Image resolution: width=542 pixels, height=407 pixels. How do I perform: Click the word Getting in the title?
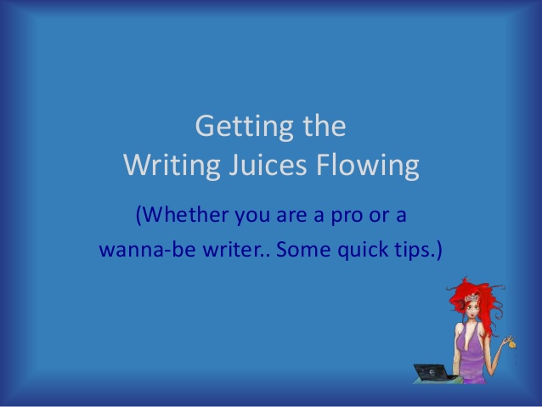click(x=245, y=127)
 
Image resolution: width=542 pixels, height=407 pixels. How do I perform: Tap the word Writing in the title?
click(x=172, y=166)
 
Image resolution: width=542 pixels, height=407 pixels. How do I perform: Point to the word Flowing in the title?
click(x=368, y=166)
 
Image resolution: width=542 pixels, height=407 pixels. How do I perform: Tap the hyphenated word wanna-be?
click(x=148, y=249)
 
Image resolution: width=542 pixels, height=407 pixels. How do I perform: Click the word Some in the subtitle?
click(x=303, y=249)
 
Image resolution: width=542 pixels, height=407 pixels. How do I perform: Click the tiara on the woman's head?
click(x=471, y=297)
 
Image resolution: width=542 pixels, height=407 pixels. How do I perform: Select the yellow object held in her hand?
click(x=512, y=344)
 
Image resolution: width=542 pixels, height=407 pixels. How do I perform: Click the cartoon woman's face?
click(x=472, y=309)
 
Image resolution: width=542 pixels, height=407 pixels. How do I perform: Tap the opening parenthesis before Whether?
click(x=138, y=216)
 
